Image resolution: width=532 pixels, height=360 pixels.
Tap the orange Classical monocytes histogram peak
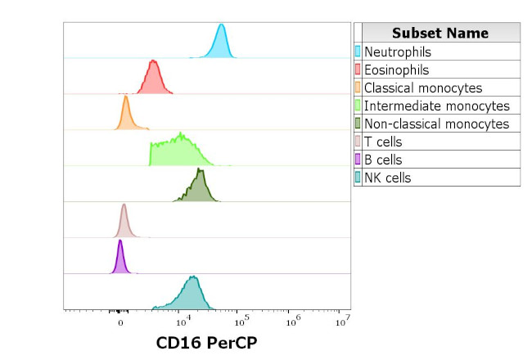(125, 115)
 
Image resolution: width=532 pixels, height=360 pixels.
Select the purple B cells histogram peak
(120, 259)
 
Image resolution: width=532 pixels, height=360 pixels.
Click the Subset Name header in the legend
(440, 33)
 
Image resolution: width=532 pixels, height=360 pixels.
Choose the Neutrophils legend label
(397, 52)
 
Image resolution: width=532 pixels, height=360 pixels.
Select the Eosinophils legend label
(396, 70)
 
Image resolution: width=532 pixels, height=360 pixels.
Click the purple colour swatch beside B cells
(358, 160)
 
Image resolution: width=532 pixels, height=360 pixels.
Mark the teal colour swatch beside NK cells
(358, 178)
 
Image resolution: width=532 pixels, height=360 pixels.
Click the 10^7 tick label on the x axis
(343, 320)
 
